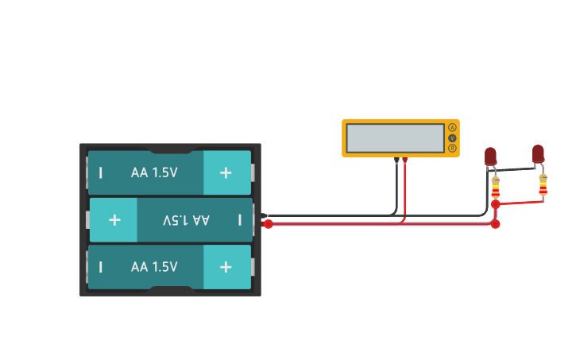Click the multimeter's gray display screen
(395, 138)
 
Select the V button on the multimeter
(452, 138)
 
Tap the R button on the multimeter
(452, 149)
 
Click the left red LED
(490, 157)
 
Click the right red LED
(538, 153)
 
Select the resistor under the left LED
(496, 188)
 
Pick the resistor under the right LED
(543, 185)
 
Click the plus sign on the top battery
(226, 172)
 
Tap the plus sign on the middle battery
(114, 219)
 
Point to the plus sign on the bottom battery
(226, 267)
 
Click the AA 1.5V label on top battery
(154, 172)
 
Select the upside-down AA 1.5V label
(186, 219)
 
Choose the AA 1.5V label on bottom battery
(154, 267)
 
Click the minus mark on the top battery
(101, 172)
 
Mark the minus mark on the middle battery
(239, 219)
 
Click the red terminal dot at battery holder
(269, 224)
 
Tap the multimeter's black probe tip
(396, 161)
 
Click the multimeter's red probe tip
(404, 161)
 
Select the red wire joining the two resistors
(520, 203)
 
